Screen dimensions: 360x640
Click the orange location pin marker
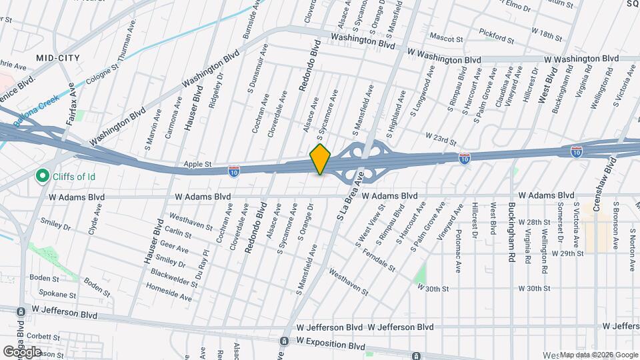point(321,159)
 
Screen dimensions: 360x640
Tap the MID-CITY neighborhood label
point(58,58)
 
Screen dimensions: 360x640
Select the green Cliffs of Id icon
point(43,177)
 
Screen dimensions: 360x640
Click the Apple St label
point(198,163)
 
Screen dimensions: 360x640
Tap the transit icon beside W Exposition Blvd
point(285,341)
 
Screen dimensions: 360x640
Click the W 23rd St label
point(441,141)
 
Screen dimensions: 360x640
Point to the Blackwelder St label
point(174,278)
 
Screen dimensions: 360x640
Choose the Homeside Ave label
point(168,291)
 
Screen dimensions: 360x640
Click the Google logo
point(22,352)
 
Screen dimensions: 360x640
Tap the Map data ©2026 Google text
point(599,355)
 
